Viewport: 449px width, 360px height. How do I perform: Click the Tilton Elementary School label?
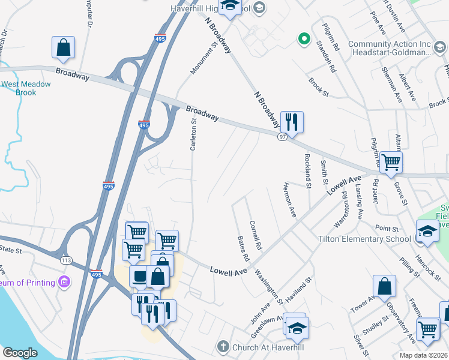click(364, 239)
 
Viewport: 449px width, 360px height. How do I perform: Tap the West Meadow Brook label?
click(25, 89)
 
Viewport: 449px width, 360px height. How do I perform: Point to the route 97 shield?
click(282, 137)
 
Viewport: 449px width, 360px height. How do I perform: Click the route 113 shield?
click(66, 260)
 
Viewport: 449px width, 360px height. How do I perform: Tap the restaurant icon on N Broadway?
click(292, 122)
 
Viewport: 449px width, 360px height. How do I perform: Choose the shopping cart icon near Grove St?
click(391, 161)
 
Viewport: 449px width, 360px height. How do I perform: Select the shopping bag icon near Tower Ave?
click(384, 287)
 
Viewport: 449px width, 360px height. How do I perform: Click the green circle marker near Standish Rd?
click(304, 40)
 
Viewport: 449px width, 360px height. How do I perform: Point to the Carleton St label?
click(193, 134)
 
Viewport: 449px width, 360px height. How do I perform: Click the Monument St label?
click(203, 59)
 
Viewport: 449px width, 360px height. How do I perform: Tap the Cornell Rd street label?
click(256, 235)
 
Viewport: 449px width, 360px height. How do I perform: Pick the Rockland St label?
click(308, 170)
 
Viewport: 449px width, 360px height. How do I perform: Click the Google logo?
click(20, 353)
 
